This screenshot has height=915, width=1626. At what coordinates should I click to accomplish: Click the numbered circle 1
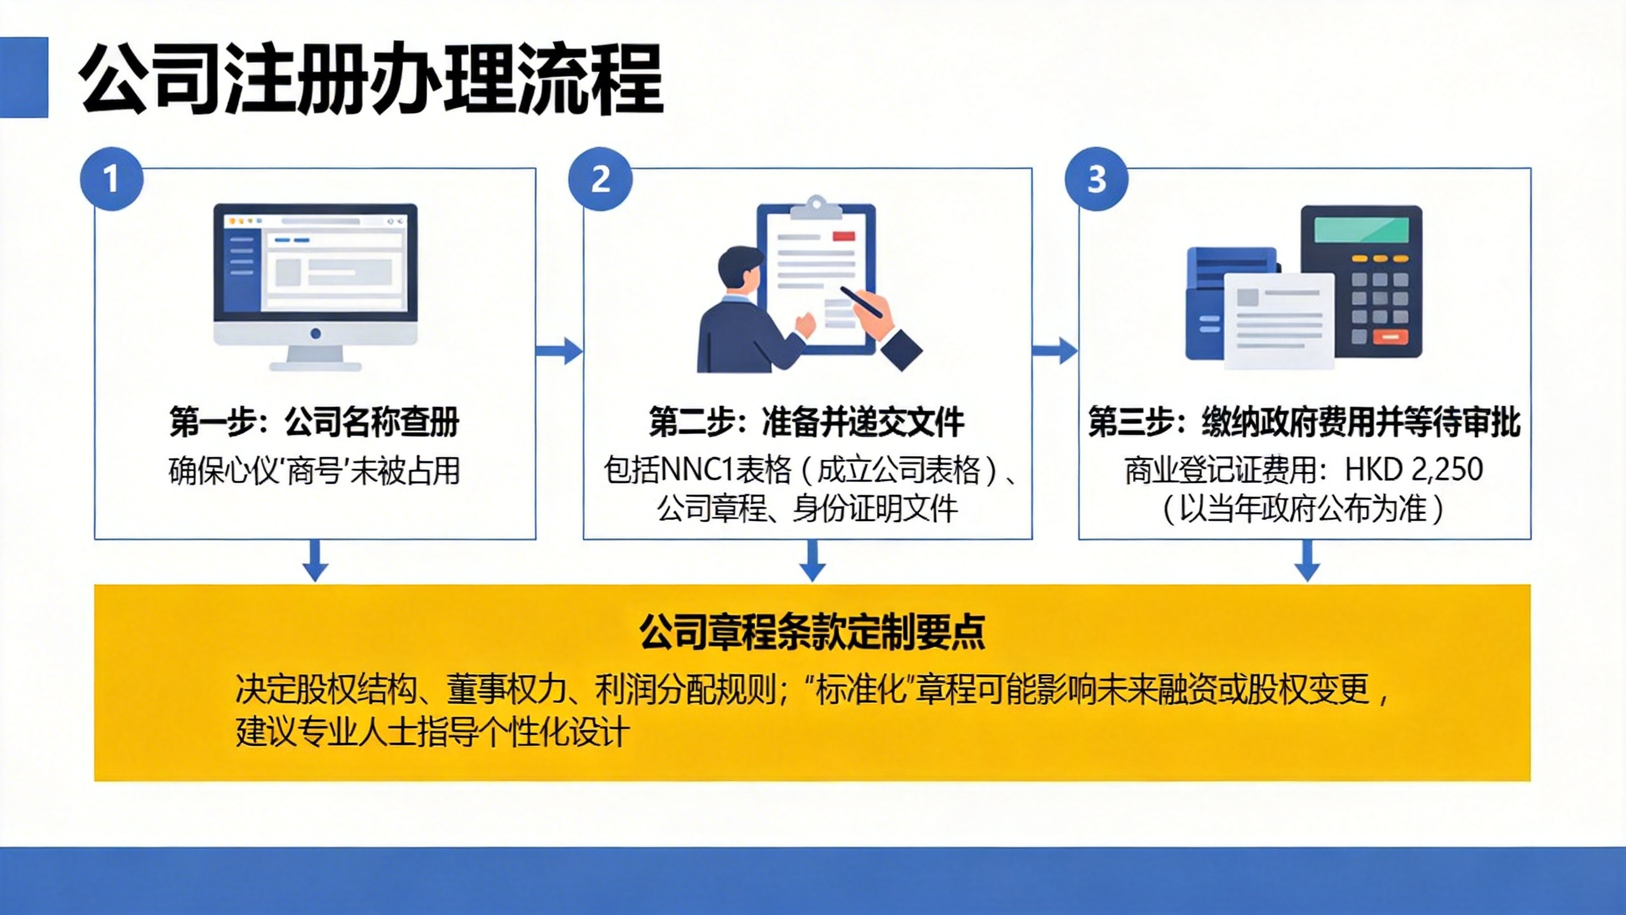click(111, 179)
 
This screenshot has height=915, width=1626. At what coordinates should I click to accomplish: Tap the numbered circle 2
click(600, 179)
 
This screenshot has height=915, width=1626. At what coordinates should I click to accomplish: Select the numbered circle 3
click(1097, 179)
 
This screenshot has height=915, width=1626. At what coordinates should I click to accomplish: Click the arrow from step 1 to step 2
click(560, 351)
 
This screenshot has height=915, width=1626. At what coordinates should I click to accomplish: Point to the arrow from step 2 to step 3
click(1055, 351)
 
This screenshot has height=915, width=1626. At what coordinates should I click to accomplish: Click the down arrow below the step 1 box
click(315, 560)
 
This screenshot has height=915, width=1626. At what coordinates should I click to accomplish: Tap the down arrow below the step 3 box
click(1307, 560)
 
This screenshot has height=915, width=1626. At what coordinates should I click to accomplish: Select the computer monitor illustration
click(316, 287)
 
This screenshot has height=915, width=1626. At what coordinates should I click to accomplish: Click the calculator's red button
click(1390, 337)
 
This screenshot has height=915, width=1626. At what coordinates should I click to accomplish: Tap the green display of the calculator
click(1361, 229)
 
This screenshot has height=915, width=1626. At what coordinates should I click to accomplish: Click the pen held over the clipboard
click(861, 302)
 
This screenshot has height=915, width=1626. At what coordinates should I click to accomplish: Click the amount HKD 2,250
click(1414, 470)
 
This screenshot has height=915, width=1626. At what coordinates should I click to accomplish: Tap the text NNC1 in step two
click(698, 470)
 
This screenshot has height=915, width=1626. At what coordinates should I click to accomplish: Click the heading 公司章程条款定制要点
click(812, 632)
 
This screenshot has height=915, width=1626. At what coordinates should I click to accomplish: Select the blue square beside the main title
click(24, 78)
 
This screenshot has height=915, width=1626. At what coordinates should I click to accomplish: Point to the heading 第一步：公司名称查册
click(314, 421)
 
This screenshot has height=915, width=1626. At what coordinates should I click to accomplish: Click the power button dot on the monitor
click(316, 334)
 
